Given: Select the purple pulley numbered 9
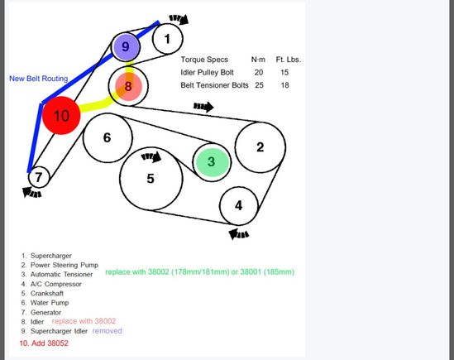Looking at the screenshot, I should [x=126, y=48].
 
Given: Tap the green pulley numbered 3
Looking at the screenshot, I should [x=211, y=162].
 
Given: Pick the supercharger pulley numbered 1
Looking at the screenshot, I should [x=168, y=37].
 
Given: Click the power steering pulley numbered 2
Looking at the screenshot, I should [x=260, y=147].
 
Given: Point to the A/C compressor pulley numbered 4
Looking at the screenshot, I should [x=239, y=205].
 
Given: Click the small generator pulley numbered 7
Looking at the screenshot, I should [x=38, y=176].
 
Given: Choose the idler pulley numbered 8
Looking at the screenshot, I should [x=128, y=85].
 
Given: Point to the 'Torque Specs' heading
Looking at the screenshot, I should [x=204, y=60].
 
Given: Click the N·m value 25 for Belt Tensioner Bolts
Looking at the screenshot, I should [x=259, y=85].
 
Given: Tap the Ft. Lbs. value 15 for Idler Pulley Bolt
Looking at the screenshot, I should [x=284, y=73].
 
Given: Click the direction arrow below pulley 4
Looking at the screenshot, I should [x=239, y=234].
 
